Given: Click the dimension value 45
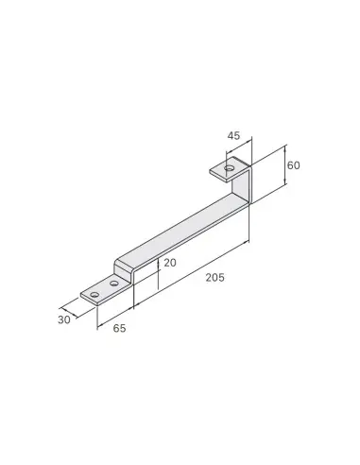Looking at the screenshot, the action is point(233,136).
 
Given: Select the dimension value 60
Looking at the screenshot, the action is point(294,165).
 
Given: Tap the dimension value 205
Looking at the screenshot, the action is point(215,278).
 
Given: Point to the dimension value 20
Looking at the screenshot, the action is point(170,263).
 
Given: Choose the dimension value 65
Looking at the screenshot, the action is point(119,328).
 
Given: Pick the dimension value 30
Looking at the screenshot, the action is point(64,319).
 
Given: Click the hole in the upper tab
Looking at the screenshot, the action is point(230,167).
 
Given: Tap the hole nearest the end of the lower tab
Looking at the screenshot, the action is point(94,295).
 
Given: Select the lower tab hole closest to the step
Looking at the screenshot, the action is point(113,284).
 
